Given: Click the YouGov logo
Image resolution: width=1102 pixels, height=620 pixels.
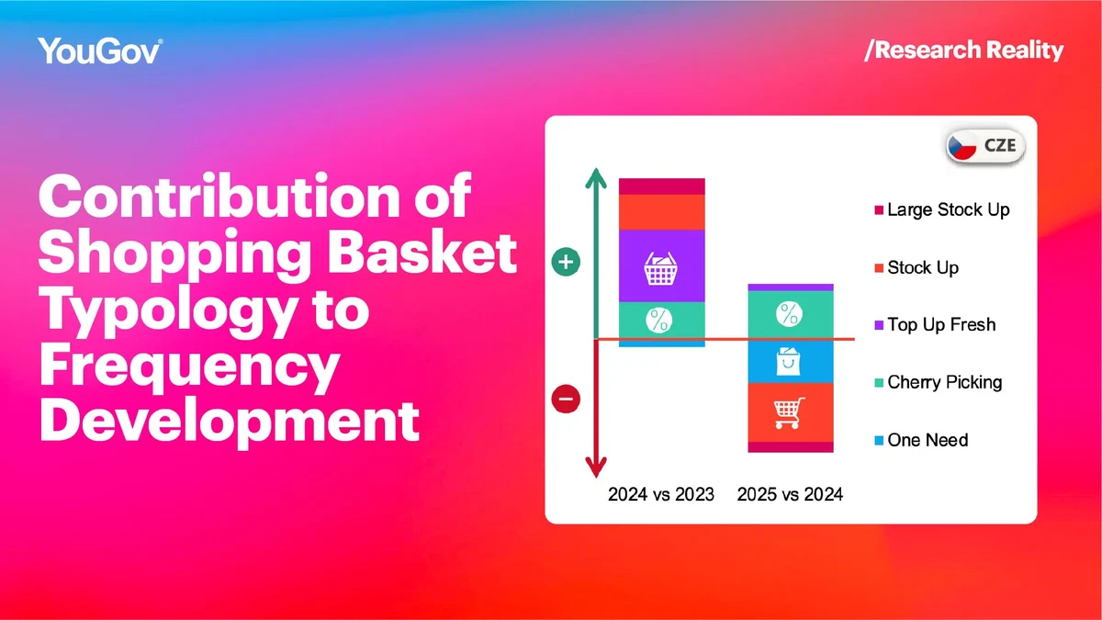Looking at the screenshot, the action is click(x=100, y=51).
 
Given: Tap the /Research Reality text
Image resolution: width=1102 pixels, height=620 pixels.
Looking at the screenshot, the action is click(x=963, y=51).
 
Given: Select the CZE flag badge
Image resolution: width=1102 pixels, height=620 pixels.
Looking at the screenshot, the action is click(x=985, y=146).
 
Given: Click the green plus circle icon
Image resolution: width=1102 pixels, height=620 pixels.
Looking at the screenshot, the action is click(x=566, y=262).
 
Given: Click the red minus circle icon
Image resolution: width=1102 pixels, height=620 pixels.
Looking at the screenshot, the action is click(x=566, y=399).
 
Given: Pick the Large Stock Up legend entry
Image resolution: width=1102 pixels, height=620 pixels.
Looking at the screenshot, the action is click(x=942, y=210).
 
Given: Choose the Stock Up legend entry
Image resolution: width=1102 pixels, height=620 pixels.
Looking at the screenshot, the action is click(x=916, y=267).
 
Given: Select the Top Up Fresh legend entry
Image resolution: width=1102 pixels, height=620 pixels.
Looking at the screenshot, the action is click(x=935, y=325).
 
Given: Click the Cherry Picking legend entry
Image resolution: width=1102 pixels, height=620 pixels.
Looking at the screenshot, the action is click(x=939, y=382).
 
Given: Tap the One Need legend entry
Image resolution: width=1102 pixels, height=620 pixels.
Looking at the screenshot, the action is click(x=921, y=440).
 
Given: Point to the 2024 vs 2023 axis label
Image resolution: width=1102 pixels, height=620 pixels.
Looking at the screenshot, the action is click(x=661, y=494).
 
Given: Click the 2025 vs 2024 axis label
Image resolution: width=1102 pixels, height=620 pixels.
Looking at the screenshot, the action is click(x=790, y=494).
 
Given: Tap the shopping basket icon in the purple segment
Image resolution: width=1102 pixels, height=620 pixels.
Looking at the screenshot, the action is click(x=660, y=268).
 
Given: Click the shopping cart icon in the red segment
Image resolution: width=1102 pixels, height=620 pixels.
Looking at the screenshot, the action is click(x=789, y=412).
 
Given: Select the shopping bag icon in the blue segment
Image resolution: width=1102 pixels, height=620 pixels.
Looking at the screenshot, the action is click(x=788, y=361).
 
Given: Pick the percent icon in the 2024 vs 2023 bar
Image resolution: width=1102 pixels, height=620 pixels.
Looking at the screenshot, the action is click(x=659, y=321).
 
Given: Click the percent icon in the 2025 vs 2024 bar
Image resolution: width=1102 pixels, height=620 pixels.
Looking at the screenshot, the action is click(x=790, y=314).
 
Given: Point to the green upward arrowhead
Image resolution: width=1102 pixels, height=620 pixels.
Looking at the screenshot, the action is click(x=596, y=178).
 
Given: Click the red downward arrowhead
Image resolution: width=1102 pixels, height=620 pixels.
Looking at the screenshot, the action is click(x=596, y=468).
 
